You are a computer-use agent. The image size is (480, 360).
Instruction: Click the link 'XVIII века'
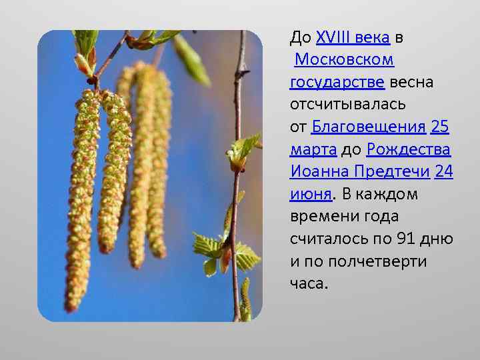pyautogui.click(x=353, y=37)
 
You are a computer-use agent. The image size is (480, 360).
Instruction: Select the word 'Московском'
pyautogui.click(x=344, y=60)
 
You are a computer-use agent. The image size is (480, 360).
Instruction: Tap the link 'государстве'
pyautogui.click(x=337, y=83)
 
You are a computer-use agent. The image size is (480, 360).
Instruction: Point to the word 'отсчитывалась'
pyautogui.click(x=343, y=105)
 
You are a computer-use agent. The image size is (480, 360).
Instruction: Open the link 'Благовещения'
pyautogui.click(x=369, y=127)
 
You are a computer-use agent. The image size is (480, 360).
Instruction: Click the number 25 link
pyautogui.click(x=440, y=127)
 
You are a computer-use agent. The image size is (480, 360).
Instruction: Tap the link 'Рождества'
pyautogui.click(x=409, y=149)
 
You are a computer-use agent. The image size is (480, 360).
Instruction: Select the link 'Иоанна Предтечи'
pyautogui.click(x=359, y=172)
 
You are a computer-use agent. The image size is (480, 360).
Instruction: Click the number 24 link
pyautogui.click(x=443, y=172)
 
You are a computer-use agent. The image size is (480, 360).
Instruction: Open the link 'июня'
pyautogui.click(x=311, y=194)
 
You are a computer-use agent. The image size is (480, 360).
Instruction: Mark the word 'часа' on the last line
pyautogui.click(x=308, y=283)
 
